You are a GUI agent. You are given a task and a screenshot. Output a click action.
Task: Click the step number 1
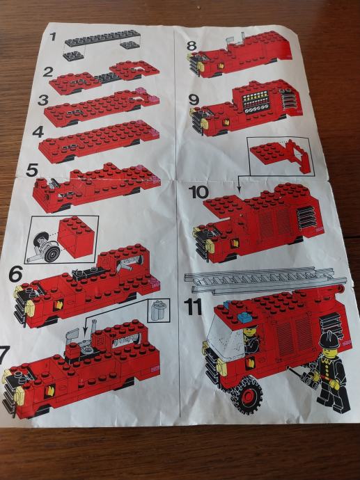53,37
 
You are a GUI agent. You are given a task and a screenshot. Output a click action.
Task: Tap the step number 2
48,72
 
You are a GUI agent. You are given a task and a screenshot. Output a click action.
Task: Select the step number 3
43,100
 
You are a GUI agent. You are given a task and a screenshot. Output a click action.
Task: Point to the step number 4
38,132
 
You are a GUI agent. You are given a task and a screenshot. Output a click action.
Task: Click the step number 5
32,170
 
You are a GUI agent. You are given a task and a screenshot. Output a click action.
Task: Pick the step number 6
15,274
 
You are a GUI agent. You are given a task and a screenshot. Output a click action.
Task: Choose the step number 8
191,46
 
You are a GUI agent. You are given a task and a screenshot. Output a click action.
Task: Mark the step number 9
194,99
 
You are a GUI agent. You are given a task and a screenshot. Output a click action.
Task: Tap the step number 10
198,192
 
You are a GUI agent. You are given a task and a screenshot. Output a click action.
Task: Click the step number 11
193,307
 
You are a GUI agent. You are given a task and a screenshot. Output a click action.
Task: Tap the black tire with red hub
246,395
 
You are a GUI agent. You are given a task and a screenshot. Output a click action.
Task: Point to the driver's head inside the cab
250,331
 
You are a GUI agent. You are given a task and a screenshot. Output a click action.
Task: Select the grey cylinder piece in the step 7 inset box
158,310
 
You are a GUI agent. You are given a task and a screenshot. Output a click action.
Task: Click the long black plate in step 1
102,38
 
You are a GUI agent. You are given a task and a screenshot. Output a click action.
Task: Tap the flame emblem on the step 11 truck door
250,363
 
